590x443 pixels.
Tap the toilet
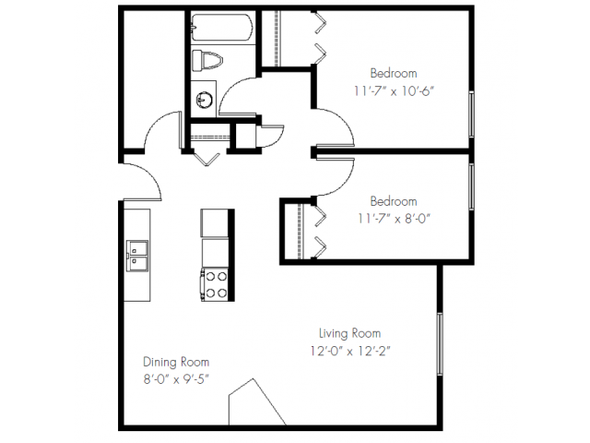(207, 61)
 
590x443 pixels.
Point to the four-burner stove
(215, 283)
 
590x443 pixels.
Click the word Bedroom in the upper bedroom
(394, 73)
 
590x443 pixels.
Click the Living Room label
(349, 333)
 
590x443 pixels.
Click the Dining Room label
(175, 362)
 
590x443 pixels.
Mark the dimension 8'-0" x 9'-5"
(175, 379)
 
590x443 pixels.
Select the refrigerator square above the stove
(215, 223)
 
